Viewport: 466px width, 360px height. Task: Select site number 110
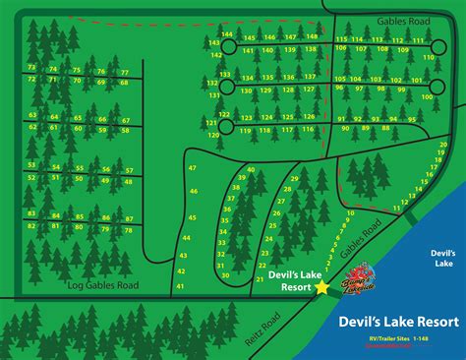point(428,58)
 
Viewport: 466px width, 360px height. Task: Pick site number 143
point(214,43)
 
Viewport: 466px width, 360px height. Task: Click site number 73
point(32,68)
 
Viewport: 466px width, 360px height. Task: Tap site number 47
point(193,170)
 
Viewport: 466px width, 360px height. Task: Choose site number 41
point(179,285)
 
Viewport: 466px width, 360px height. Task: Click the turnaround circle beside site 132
point(226,87)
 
